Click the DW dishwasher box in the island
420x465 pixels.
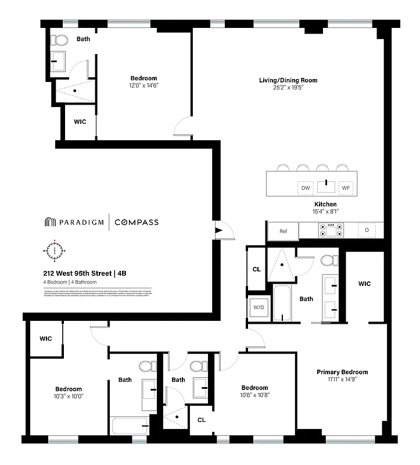[305, 188]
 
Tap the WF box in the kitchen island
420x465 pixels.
[346, 188]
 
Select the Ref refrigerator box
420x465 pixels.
[283, 231]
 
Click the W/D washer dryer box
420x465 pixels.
[257, 307]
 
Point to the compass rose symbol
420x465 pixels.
[55, 251]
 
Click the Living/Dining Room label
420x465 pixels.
[288, 80]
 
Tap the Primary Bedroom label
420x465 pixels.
[342, 372]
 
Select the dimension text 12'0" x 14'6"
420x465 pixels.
[143, 85]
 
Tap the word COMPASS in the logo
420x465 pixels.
[136, 222]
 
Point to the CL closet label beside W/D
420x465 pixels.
[256, 269]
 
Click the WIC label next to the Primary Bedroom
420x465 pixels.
[364, 284]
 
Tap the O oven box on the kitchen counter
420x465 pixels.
[367, 230]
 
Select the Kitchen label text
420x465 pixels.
[325, 204]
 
